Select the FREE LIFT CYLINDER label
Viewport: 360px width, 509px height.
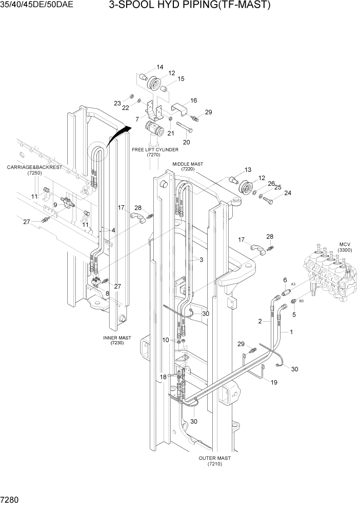(155, 150)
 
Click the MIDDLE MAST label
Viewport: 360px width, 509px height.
(187, 164)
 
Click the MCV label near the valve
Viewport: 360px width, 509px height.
(344, 244)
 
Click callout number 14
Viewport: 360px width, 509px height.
(159, 67)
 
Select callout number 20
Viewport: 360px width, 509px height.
(186, 142)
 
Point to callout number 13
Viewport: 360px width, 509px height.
(248, 170)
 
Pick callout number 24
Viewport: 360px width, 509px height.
(288, 193)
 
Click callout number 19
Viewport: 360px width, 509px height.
(274, 382)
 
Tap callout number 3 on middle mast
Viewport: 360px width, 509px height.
(201, 260)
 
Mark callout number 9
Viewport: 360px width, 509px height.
(55, 205)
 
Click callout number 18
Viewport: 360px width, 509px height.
(163, 377)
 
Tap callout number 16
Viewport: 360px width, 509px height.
(193, 101)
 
